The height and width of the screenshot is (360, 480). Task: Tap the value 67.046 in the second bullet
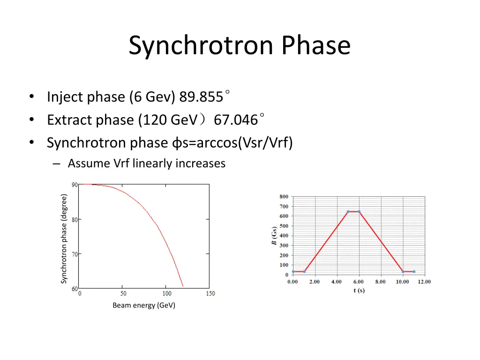[x=236, y=120]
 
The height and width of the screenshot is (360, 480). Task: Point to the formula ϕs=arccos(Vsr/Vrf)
[x=230, y=142]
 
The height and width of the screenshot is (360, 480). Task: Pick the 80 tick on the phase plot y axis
[x=75, y=219]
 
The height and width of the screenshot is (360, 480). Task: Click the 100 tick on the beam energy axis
[x=167, y=293]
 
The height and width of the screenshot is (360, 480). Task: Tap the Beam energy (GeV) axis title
[x=144, y=306]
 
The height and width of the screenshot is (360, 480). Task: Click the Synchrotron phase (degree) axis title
[x=64, y=239]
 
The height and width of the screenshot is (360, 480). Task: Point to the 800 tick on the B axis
[x=284, y=197]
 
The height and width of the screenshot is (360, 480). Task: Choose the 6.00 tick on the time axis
[x=359, y=282]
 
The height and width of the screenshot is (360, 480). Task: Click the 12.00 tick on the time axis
[x=424, y=282]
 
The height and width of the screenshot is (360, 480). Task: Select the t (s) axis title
[x=359, y=291]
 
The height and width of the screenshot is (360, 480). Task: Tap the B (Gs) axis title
[x=274, y=236]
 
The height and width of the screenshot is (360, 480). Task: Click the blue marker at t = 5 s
[x=348, y=211]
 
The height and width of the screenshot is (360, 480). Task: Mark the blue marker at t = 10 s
[x=403, y=271]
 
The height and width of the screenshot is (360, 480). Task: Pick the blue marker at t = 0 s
[x=293, y=271]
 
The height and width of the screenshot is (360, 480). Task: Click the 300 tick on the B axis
[x=284, y=246]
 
